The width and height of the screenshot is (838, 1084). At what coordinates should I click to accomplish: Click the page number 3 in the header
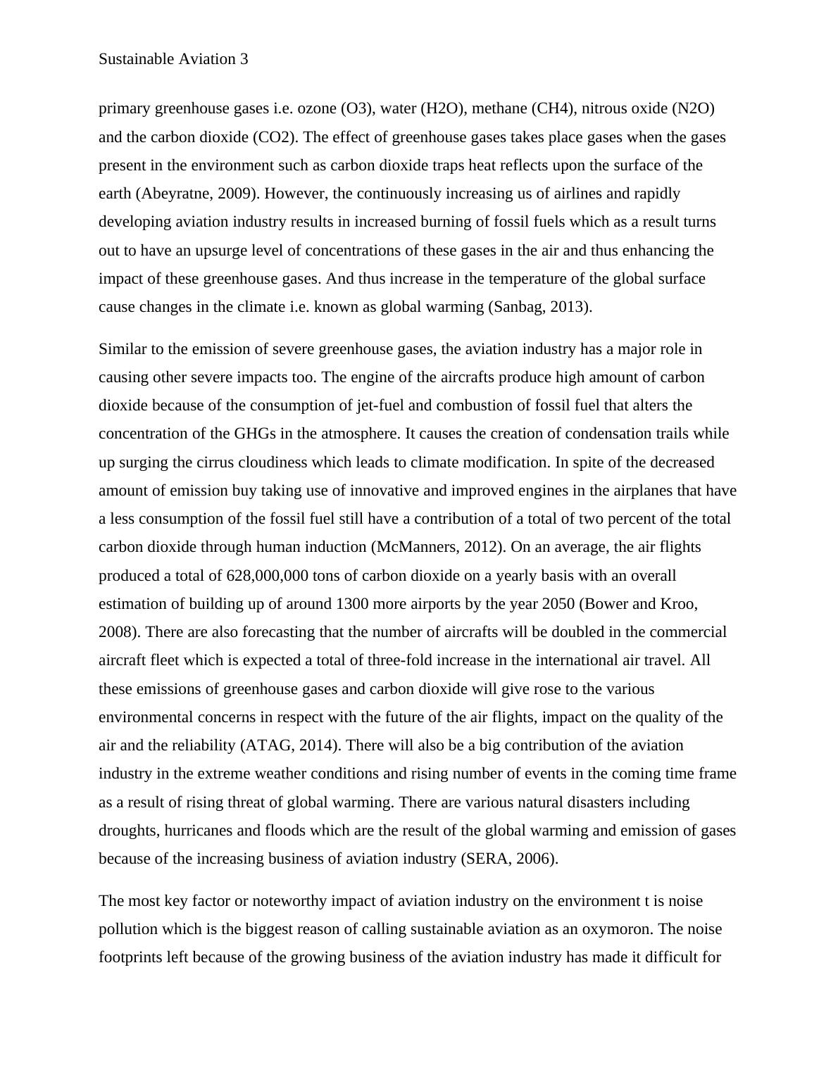[244, 59]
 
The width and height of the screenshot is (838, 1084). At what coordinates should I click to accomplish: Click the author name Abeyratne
[169, 194]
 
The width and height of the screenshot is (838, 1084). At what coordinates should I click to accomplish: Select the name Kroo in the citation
[679, 604]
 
